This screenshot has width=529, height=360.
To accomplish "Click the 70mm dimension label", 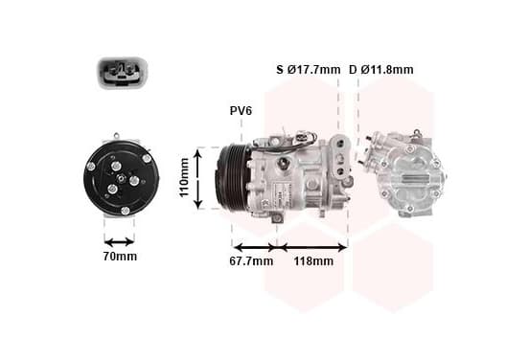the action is pyautogui.click(x=120, y=257).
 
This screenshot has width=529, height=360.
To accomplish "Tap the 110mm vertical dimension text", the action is pyautogui.click(x=184, y=177).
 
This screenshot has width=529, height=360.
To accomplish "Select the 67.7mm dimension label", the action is pyautogui.click(x=251, y=260).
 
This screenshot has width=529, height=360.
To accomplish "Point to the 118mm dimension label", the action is pyautogui.click(x=313, y=260).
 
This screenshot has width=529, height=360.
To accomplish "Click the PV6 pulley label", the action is pyautogui.click(x=241, y=110).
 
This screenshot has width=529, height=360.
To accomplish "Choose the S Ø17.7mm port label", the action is pyautogui.click(x=309, y=70).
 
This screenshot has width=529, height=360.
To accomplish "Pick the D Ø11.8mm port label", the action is pyautogui.click(x=380, y=70).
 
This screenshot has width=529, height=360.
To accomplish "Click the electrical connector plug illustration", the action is pyautogui.click(x=123, y=73).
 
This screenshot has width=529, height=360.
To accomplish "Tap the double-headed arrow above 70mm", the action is pyautogui.click(x=120, y=241).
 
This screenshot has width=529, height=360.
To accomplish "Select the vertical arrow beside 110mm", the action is pyautogui.click(x=198, y=179).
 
